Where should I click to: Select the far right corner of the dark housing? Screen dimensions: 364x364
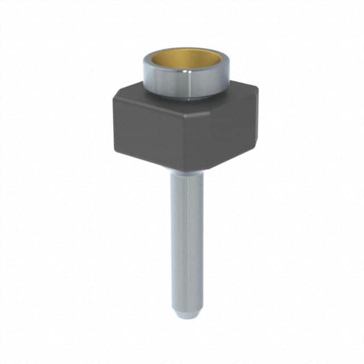[x=258, y=91]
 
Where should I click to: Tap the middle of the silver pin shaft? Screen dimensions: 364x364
[x=186, y=239]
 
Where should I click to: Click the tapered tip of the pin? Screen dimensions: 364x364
[x=186, y=310]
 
